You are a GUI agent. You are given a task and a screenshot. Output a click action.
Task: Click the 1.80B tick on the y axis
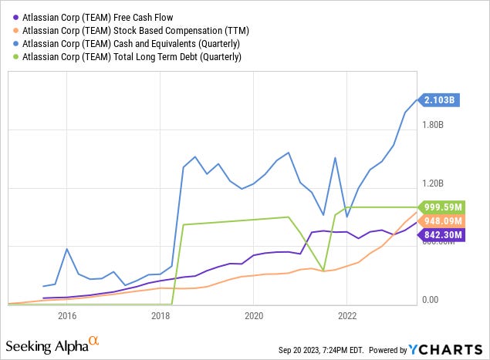tap(434, 125)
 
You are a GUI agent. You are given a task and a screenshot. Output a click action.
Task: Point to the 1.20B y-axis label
tap(434, 183)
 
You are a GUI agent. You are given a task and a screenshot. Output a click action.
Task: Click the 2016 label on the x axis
tap(66, 315)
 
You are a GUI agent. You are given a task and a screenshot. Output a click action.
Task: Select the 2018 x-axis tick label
tap(161, 315)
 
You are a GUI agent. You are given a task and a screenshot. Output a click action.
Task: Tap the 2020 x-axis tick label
tap(254, 315)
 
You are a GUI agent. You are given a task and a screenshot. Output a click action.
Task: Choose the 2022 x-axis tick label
tap(347, 315)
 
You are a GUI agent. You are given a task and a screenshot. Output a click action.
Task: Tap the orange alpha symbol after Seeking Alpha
tap(93, 338)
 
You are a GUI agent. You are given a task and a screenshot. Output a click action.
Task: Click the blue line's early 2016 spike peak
tap(66, 249)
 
